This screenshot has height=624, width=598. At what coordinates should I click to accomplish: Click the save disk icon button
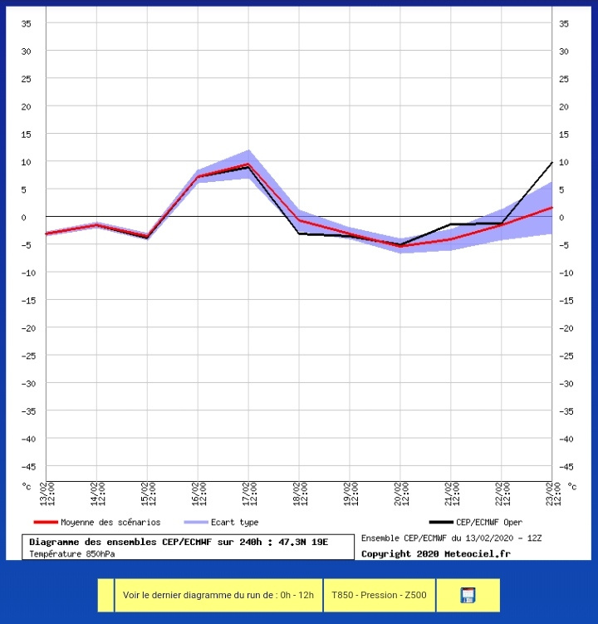point(468,595)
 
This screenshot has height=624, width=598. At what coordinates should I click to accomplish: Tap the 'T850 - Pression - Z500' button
point(378,595)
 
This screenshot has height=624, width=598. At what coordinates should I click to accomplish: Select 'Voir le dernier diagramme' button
point(218,595)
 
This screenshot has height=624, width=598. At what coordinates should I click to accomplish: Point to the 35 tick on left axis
point(27,23)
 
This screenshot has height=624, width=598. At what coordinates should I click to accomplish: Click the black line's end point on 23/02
point(551,163)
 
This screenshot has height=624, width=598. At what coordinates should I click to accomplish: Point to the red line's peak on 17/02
point(248,164)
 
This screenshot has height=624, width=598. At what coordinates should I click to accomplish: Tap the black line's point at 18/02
point(299,233)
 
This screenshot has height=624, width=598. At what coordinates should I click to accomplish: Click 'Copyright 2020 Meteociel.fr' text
point(436,553)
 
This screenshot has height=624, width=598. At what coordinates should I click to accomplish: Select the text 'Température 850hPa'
point(72,553)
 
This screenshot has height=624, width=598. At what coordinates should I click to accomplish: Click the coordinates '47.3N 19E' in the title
point(303,542)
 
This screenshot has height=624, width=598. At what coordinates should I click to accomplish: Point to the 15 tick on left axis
point(27,134)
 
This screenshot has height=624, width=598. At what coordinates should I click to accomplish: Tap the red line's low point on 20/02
point(400,246)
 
